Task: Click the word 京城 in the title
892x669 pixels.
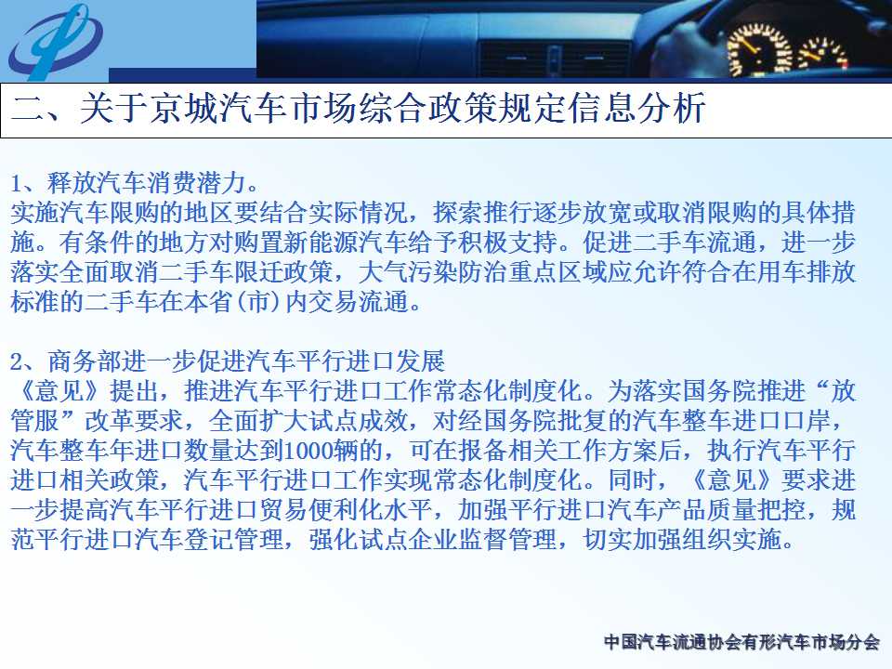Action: [x=185, y=108]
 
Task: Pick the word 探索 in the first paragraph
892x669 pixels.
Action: [x=457, y=213]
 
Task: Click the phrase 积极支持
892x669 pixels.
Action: [x=507, y=243]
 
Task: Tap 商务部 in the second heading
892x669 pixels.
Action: [x=85, y=361]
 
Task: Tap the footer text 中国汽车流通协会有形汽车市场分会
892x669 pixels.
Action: [x=741, y=642]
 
